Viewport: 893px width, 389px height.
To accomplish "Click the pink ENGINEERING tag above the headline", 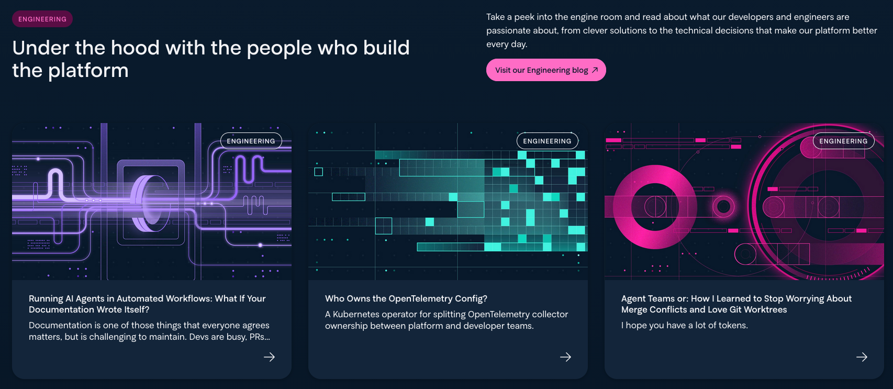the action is [42, 19].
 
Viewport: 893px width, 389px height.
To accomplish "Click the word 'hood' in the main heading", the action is [135, 48].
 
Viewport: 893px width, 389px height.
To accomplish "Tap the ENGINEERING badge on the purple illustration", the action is [251, 141].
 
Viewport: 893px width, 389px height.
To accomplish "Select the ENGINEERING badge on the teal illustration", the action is [547, 141].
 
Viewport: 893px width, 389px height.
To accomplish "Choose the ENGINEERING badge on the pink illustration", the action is [843, 141].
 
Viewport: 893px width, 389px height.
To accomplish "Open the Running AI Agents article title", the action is [147, 304].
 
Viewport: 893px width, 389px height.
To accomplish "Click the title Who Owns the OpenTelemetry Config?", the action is [406, 298].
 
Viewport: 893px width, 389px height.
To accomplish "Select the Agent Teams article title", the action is [736, 304].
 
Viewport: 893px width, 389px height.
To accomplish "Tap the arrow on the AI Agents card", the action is [270, 357].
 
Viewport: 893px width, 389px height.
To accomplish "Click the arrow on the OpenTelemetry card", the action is [566, 357].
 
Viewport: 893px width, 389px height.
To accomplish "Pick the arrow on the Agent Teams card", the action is [862, 357].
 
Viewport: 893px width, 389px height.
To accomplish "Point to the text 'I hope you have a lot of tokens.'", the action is [685, 325].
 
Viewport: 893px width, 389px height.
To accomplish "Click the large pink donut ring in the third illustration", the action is [655, 207].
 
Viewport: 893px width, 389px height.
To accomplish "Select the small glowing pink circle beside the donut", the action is [723, 206].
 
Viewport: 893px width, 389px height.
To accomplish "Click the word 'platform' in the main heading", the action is [88, 71].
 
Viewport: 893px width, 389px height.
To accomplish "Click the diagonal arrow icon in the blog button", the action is [595, 70].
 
